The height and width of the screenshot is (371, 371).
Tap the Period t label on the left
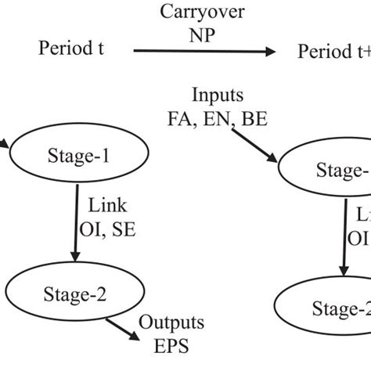point(71,50)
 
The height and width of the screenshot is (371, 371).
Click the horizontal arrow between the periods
point(204,52)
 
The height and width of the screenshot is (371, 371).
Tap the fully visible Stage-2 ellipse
point(75,295)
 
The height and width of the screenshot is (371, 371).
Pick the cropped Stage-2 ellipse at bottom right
point(327,306)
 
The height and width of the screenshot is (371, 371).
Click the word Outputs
point(171,322)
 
